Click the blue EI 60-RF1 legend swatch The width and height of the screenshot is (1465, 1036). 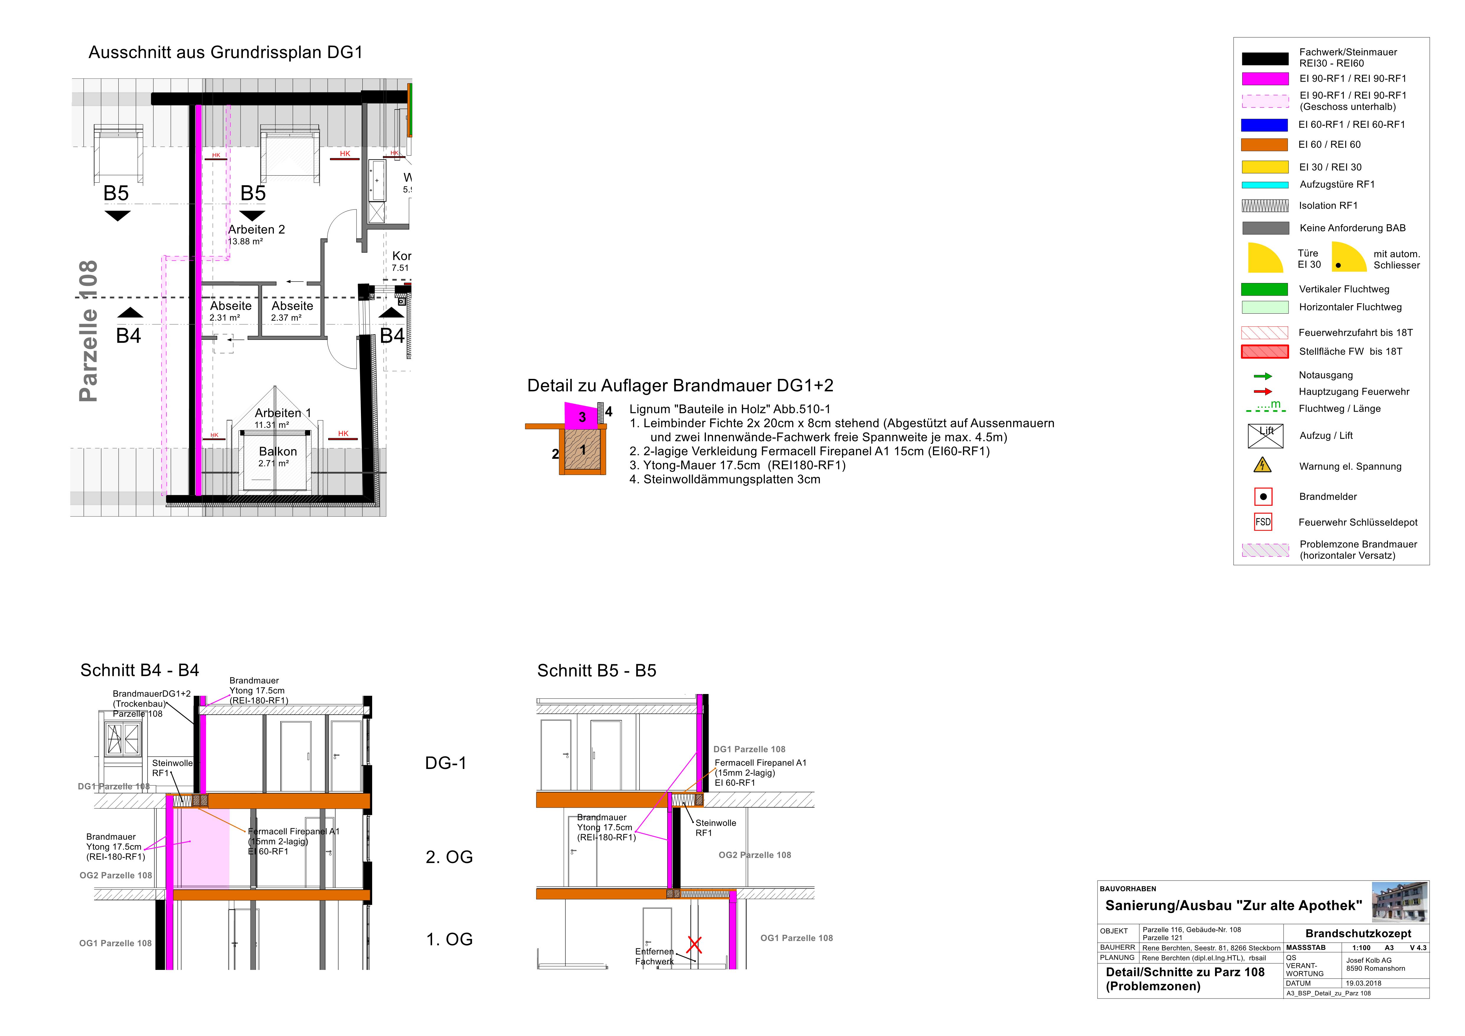[x=1265, y=125]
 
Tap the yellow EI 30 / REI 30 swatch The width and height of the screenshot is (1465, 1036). [x=1265, y=167]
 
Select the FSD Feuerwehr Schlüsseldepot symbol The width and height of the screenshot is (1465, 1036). [x=1263, y=522]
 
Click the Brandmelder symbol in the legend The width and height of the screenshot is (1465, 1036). [x=1263, y=496]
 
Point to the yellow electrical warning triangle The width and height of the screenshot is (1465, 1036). [x=1263, y=465]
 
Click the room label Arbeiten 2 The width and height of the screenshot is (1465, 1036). [x=256, y=230]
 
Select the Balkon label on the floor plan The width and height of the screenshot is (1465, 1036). [x=277, y=452]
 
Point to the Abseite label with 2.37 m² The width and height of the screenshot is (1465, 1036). [x=292, y=306]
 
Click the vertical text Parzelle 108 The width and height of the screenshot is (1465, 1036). [x=88, y=331]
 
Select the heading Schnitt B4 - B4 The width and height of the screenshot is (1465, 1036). [x=140, y=670]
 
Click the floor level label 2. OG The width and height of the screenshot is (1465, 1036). [x=449, y=857]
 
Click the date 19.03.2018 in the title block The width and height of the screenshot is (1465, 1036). [x=1363, y=983]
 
